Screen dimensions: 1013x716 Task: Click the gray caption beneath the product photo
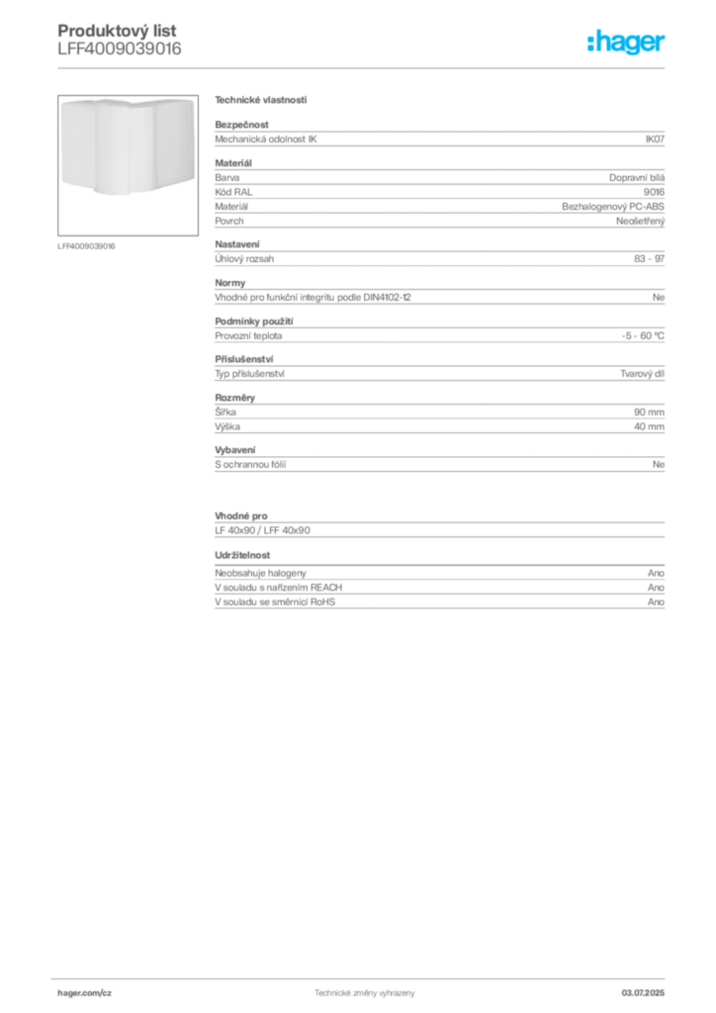[x=87, y=245]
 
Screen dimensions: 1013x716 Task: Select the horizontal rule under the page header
[x=364, y=66]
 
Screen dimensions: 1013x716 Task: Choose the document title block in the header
[x=119, y=40]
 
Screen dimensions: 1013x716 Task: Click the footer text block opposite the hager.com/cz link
[x=649, y=988]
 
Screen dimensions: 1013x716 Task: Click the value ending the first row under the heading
[x=657, y=138]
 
